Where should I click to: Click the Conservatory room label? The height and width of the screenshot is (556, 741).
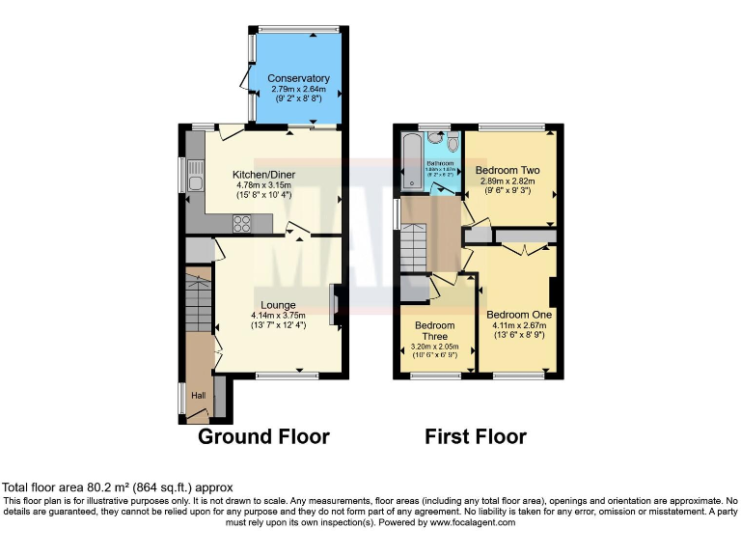click(x=298, y=78)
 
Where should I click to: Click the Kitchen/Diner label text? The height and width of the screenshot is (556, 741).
click(x=263, y=175)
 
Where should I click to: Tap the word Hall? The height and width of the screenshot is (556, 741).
click(x=198, y=396)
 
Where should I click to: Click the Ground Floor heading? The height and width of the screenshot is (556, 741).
click(x=263, y=436)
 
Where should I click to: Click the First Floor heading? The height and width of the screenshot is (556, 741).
click(x=476, y=436)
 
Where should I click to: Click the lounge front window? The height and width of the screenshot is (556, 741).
click(x=288, y=375)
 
